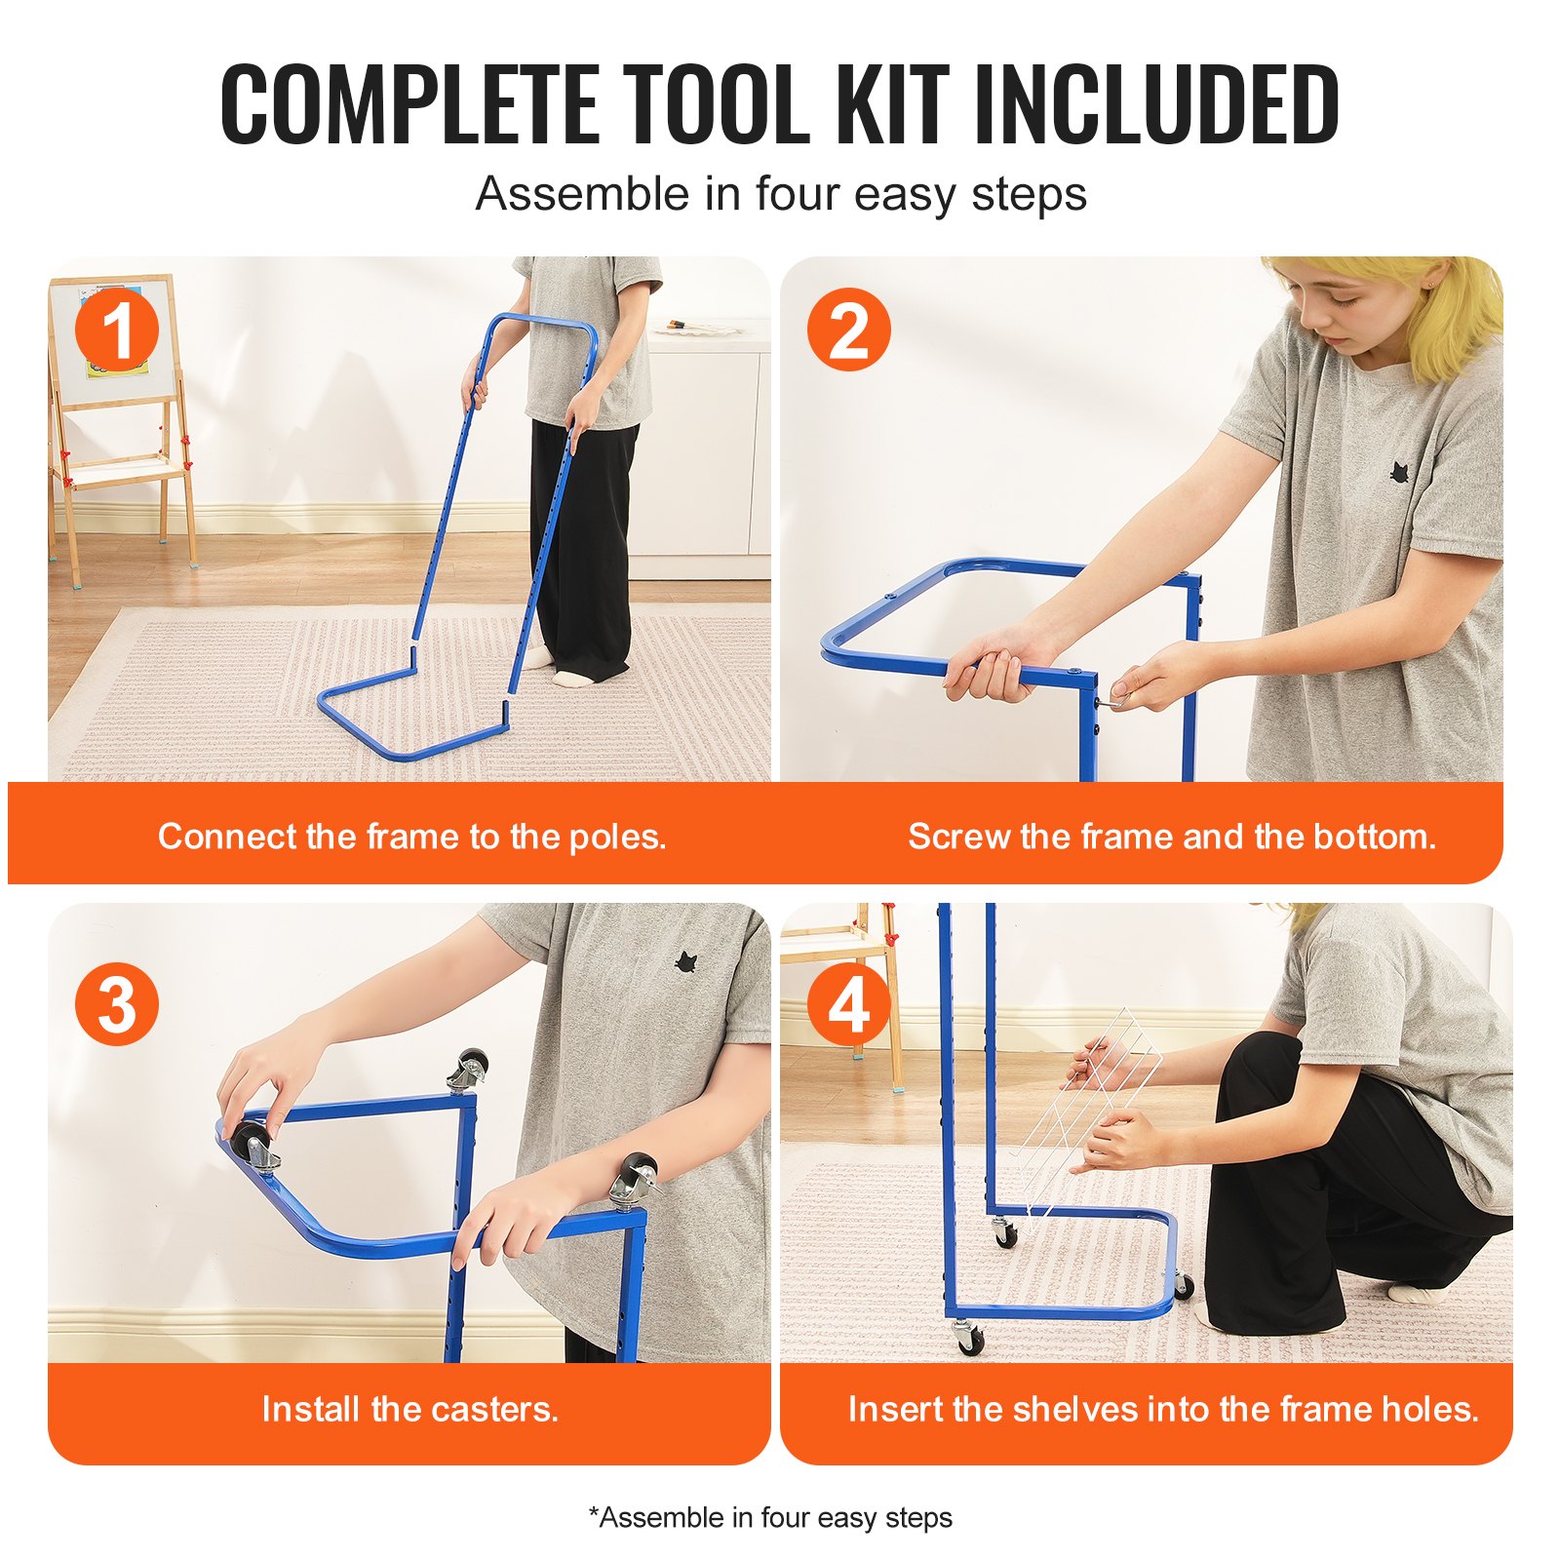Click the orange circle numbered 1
point(117,330)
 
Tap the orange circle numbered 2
point(848,330)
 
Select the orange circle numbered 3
point(117,1004)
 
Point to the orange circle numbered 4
point(848,1004)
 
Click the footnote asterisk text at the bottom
point(770,1518)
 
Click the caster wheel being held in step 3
point(253,1141)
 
